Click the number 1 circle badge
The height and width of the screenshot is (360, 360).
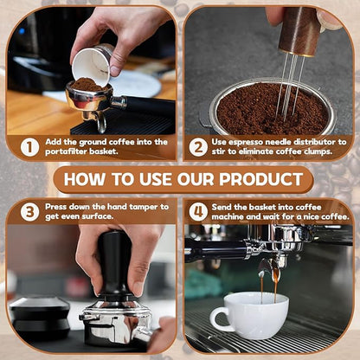[29, 147]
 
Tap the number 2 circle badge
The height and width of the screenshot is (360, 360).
[197, 147]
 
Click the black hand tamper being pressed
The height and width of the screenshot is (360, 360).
[114, 264]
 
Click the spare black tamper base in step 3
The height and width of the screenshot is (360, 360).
[38, 315]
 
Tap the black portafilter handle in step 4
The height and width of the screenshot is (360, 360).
[216, 248]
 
